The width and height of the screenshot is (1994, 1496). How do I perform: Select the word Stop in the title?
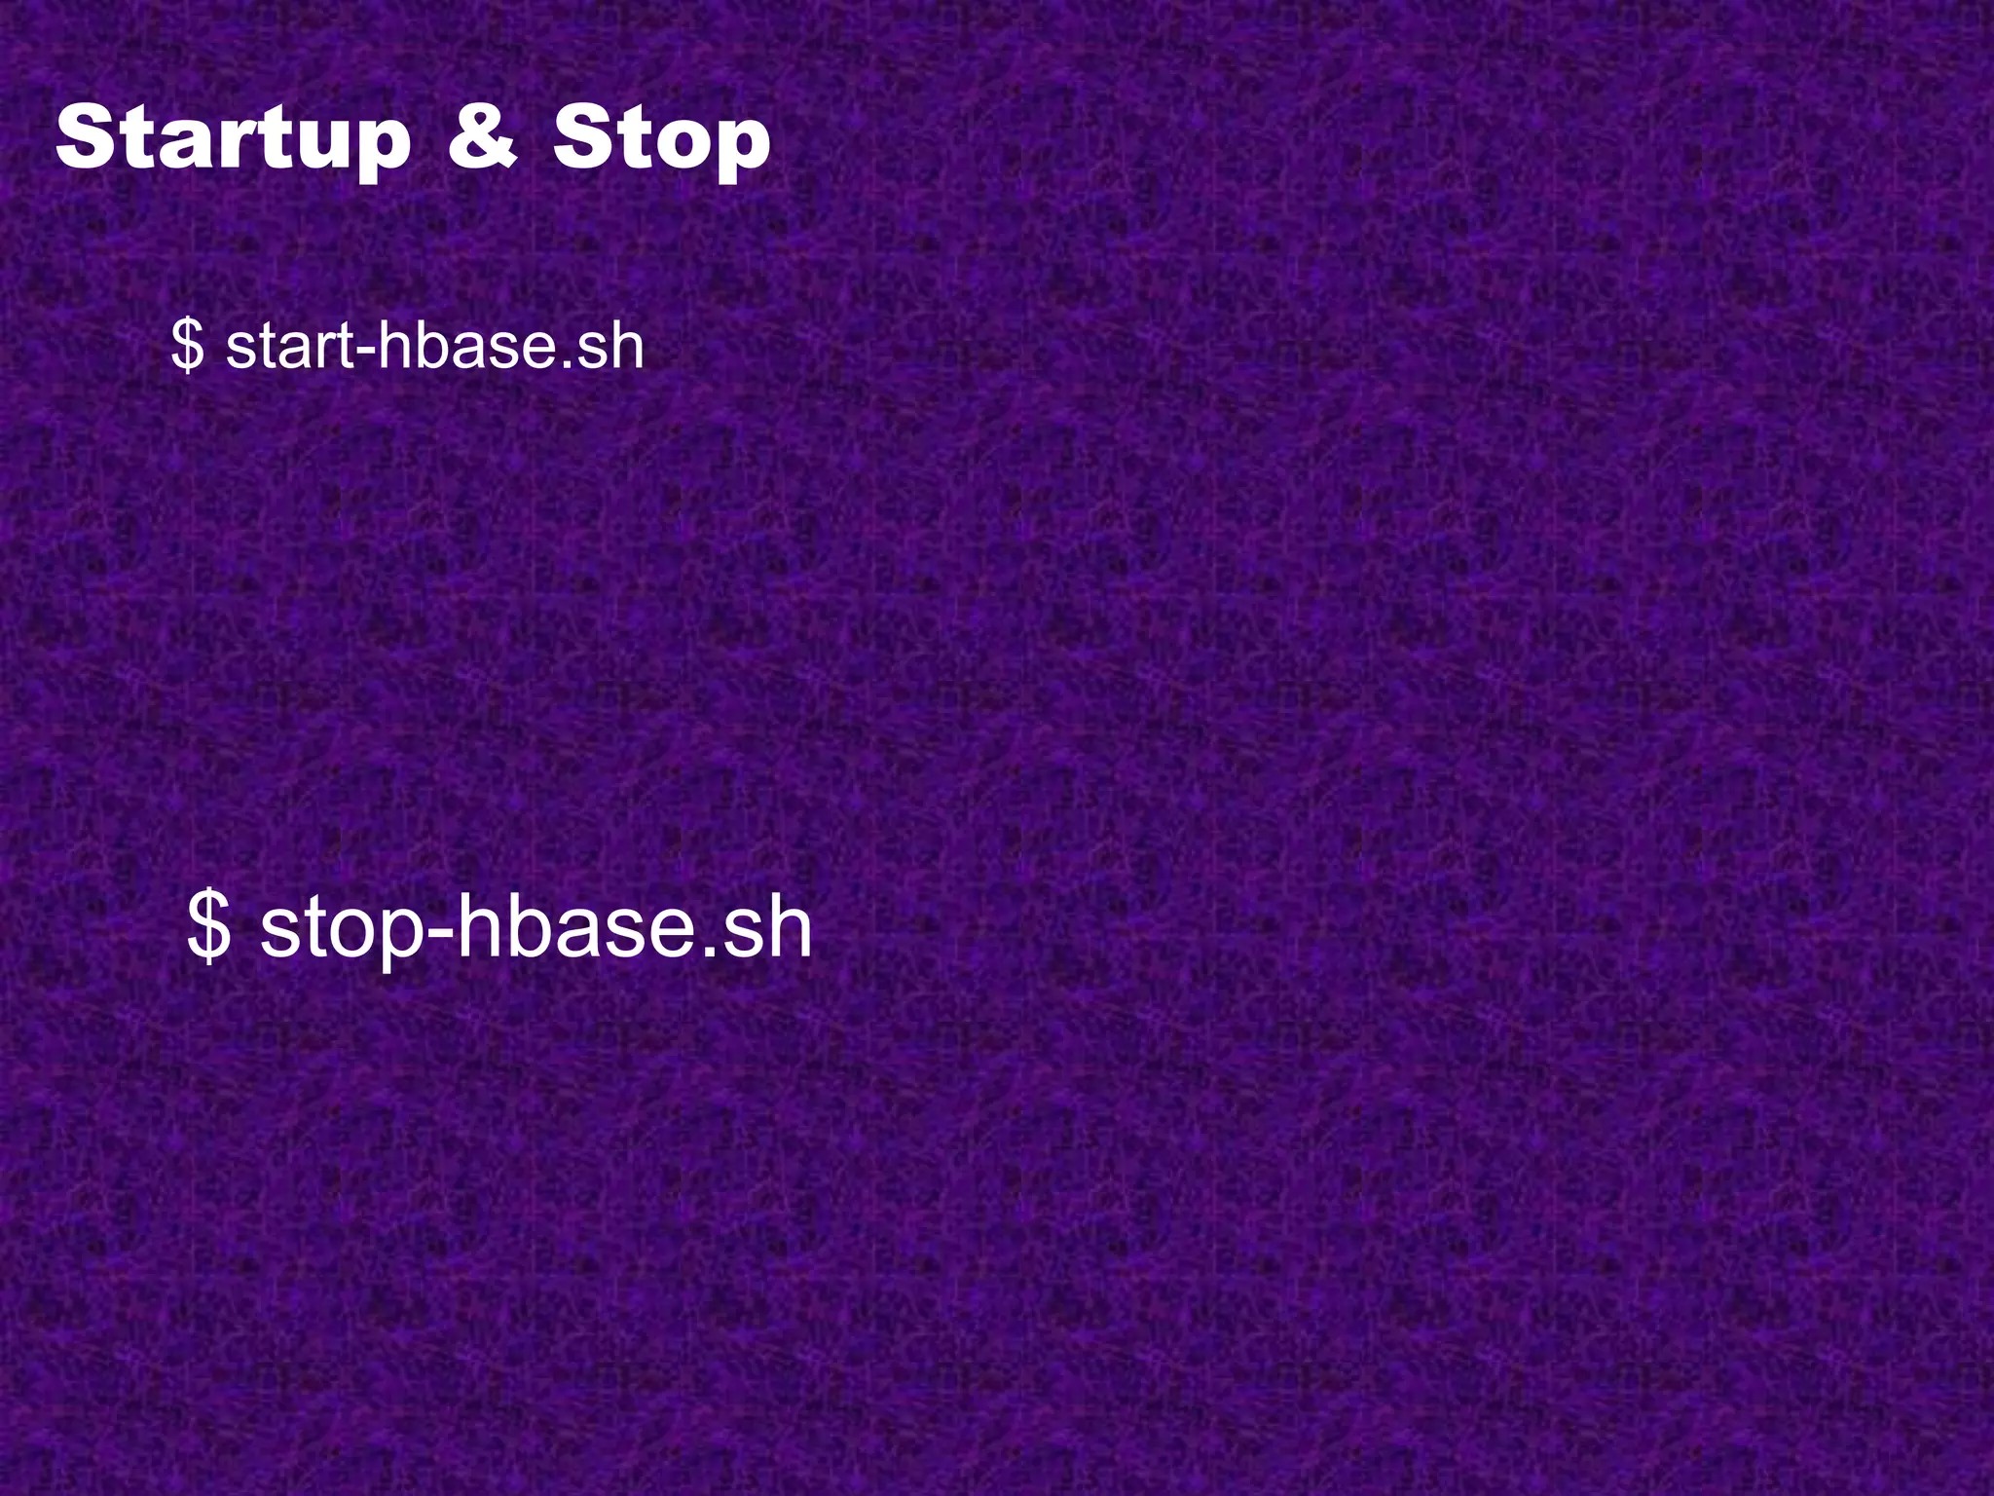[x=662, y=141]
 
